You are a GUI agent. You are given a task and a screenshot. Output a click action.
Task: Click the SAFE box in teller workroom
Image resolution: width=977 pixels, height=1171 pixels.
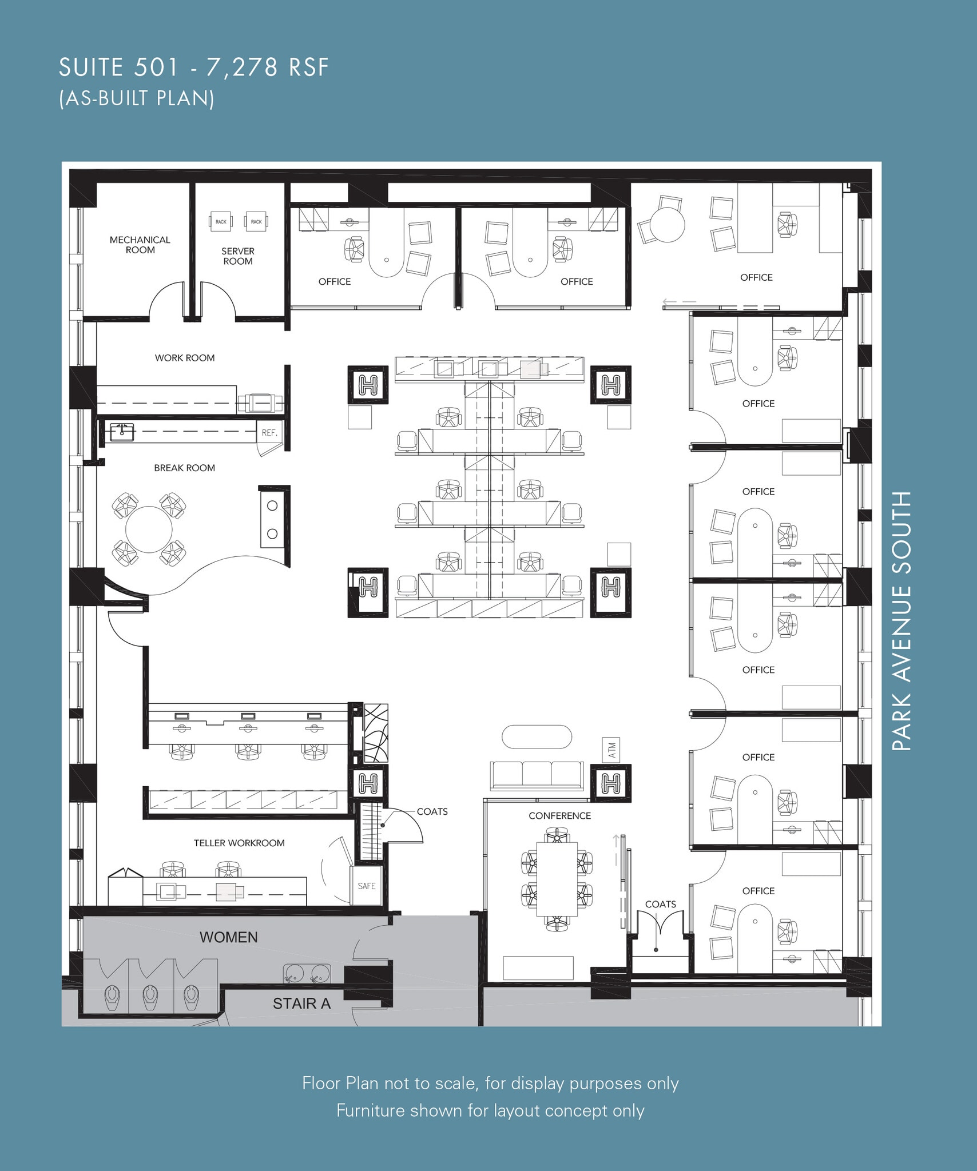[x=366, y=885]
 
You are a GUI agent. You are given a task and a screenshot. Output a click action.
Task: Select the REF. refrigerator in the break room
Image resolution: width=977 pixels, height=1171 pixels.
[x=269, y=433]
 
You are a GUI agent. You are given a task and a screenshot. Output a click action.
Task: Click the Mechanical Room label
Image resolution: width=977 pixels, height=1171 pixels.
[x=140, y=245]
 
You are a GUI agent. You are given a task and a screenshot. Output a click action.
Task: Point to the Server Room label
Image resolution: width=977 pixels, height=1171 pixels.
[x=238, y=256]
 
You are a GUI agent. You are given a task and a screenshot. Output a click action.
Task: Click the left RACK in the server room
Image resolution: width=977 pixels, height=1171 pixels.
[x=221, y=221]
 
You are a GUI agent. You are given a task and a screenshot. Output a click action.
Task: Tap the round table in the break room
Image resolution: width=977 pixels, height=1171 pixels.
[x=149, y=529]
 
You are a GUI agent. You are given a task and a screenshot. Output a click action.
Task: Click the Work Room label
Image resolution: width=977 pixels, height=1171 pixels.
[x=185, y=358]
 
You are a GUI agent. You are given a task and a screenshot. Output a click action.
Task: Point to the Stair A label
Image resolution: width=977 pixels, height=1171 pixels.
[x=301, y=1003]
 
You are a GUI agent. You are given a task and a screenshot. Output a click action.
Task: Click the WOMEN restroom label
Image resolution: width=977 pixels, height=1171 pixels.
[x=228, y=937]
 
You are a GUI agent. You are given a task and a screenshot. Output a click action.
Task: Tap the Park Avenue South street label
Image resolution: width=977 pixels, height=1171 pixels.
[x=901, y=620]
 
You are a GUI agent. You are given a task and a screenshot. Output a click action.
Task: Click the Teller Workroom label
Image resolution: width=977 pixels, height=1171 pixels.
[x=239, y=843]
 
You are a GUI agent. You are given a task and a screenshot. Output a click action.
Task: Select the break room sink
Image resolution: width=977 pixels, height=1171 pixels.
[x=121, y=433]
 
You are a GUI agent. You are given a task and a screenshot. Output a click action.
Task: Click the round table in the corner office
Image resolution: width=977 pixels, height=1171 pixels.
[x=667, y=224]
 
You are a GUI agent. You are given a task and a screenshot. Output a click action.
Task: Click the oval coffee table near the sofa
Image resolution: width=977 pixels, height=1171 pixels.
[x=537, y=736]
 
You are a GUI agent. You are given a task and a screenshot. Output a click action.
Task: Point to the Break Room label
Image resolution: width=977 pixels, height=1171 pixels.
[x=184, y=468]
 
